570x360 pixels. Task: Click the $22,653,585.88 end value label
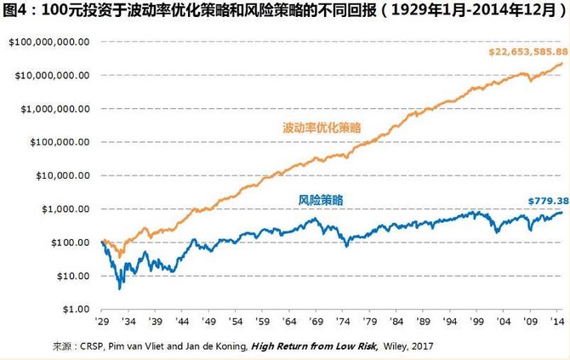[x=527, y=52]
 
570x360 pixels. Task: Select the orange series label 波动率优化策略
[x=322, y=128]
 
